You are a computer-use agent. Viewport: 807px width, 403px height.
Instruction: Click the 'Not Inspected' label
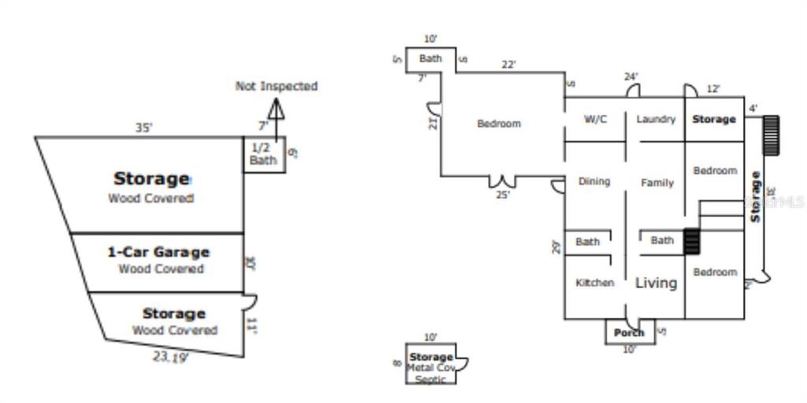276,86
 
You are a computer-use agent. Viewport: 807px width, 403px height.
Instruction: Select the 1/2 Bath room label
263,153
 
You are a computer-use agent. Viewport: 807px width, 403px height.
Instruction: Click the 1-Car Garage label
158,253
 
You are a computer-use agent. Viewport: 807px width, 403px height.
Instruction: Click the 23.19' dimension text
171,357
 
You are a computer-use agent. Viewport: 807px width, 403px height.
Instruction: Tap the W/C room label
595,120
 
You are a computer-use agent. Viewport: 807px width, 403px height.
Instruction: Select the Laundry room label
656,120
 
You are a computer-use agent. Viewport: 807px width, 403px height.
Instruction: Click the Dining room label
594,182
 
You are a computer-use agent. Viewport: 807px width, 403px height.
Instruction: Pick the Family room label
656,183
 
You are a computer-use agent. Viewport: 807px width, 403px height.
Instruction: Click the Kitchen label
594,283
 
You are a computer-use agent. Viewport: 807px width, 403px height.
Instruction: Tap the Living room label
656,283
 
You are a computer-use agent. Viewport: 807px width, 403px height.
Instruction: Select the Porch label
629,333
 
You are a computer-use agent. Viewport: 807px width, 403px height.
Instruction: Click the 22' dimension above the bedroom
508,65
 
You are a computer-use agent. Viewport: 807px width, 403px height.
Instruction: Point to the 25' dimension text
502,195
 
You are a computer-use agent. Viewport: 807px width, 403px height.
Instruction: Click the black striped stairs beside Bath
691,241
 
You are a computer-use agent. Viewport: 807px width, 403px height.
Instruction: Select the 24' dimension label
630,77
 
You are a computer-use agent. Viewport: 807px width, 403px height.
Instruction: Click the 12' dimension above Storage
712,89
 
